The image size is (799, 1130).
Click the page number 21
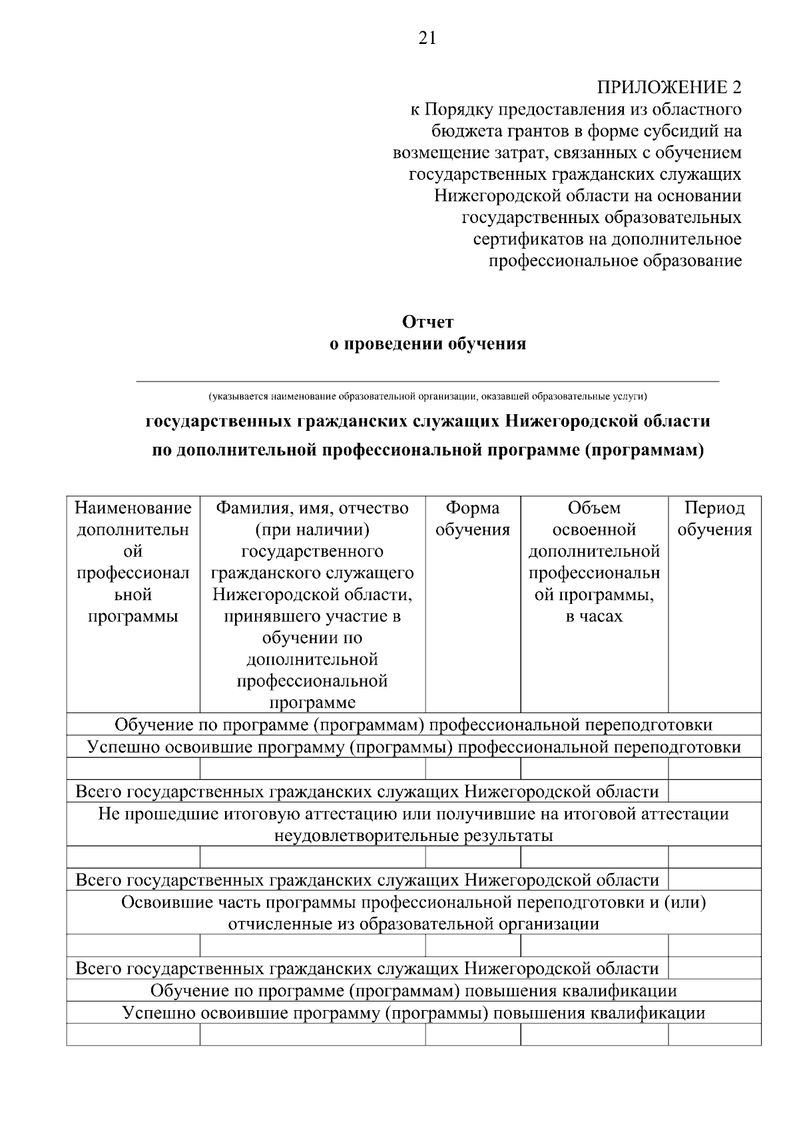[x=427, y=38]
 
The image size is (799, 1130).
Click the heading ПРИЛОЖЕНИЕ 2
[x=668, y=87]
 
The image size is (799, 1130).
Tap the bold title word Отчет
[x=428, y=322]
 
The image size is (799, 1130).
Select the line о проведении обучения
[x=428, y=344]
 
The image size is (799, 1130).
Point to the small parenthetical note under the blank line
[x=427, y=396]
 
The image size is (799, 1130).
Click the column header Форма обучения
[x=473, y=519]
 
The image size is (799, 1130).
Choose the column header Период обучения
[x=714, y=519]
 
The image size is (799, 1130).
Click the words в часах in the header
[x=594, y=616]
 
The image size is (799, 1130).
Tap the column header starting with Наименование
[x=133, y=508]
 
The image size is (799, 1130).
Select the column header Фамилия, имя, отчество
[x=312, y=508]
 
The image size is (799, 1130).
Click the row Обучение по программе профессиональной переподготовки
[x=413, y=724]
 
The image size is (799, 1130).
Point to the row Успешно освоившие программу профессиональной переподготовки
[x=413, y=747]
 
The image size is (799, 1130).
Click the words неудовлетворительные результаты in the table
[x=413, y=835]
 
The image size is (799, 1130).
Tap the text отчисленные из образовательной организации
[x=413, y=924]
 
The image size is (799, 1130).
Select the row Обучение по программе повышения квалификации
[x=413, y=990]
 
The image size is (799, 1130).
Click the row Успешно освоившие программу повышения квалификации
[x=413, y=1013]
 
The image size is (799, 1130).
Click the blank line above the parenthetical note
[x=427, y=381]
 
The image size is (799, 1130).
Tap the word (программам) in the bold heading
[x=644, y=451]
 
